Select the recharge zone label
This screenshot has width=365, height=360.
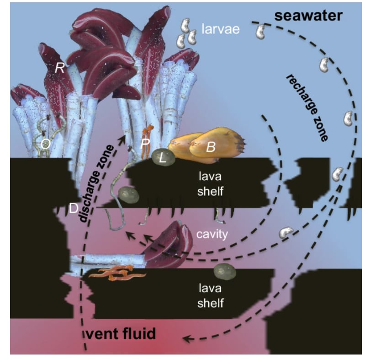pos(307,108)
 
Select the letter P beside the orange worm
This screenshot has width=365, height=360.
pos(145,143)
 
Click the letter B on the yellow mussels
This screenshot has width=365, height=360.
pos(211,147)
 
